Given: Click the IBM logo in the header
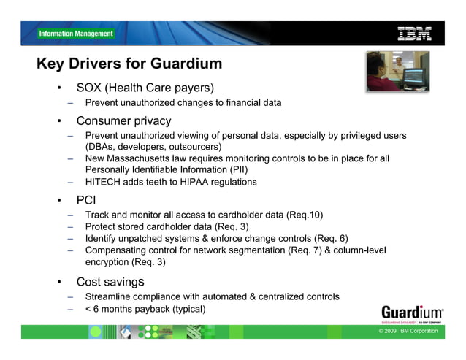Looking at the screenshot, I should (x=414, y=33).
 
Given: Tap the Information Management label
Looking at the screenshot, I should (x=76, y=34).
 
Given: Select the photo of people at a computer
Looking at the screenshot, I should (x=397, y=70).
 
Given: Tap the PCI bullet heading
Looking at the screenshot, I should (x=86, y=199).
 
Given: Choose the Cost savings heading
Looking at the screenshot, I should (x=110, y=281).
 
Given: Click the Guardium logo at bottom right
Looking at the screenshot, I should (x=411, y=311).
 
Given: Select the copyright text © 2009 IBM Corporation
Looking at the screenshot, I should (x=408, y=331).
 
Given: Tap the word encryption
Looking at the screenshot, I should (x=107, y=261).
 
